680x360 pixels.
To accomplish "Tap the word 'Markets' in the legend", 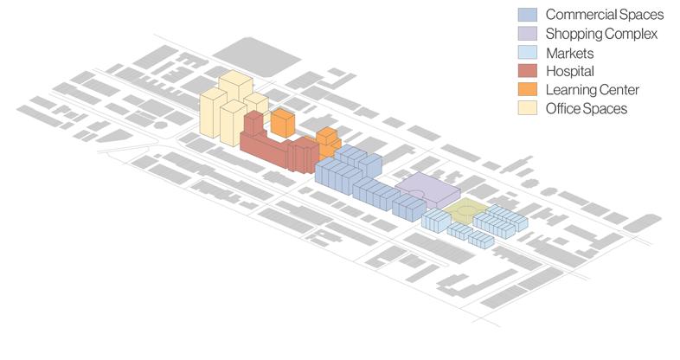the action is (x=570, y=53).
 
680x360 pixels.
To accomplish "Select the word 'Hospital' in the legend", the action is (x=571, y=71).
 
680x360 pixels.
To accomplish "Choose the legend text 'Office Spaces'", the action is (x=586, y=108).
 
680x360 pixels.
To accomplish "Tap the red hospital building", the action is (x=268, y=147).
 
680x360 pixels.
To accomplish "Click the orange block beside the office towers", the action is (x=282, y=122).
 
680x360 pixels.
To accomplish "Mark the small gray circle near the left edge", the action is (x=160, y=125).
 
